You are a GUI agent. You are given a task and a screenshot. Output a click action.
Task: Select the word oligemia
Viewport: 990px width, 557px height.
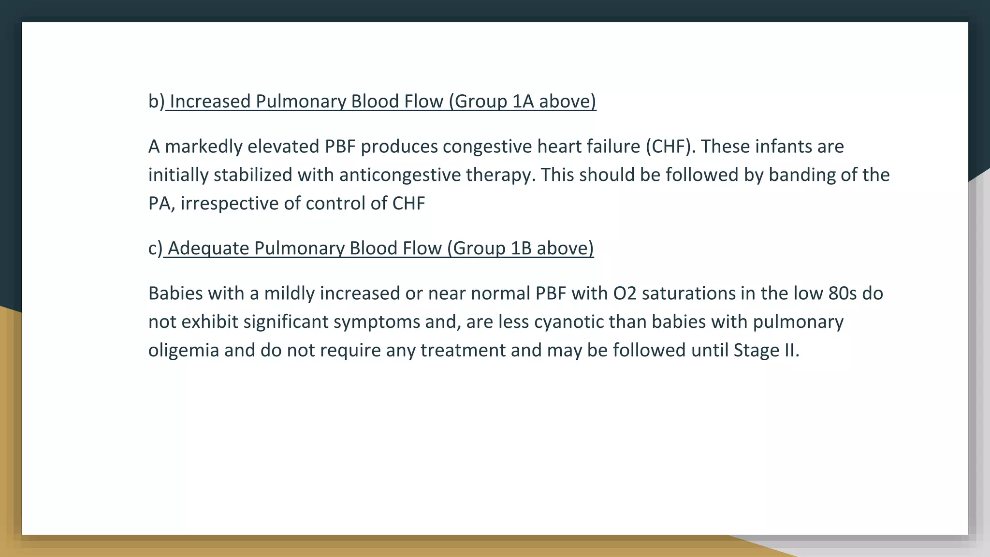(184, 351)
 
